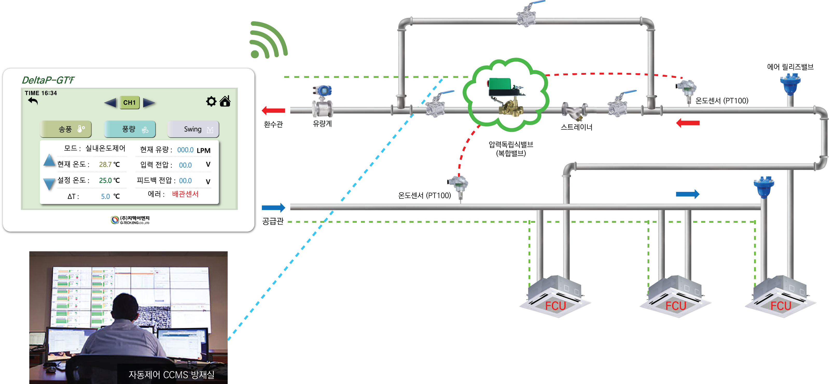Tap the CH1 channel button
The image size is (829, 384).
click(x=130, y=103)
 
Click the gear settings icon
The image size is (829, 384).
click(x=211, y=101)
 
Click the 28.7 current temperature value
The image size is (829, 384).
click(x=105, y=165)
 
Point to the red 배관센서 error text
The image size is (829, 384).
click(x=185, y=194)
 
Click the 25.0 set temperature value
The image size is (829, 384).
click(x=105, y=180)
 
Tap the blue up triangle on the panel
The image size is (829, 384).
click(x=49, y=160)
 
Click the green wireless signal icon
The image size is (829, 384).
click(x=268, y=40)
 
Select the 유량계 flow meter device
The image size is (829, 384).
click(x=322, y=101)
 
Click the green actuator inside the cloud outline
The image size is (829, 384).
click(x=500, y=86)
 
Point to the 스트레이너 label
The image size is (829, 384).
click(x=577, y=127)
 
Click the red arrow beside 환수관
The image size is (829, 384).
click(x=274, y=111)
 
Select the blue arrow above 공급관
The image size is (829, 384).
click(x=274, y=208)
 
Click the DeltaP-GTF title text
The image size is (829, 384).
click(x=48, y=80)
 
